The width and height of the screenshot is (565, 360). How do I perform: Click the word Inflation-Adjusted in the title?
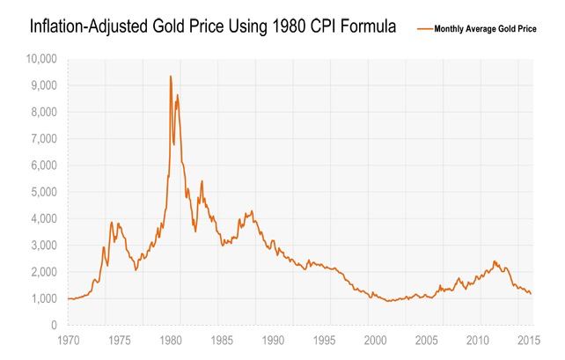coord(75,28)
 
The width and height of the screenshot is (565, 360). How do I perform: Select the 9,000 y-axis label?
coord(43,85)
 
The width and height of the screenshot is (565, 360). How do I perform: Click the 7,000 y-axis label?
coord(43,139)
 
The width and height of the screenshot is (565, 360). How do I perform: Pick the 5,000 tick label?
coord(43,192)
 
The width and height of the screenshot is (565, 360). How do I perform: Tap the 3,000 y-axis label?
coord(43,246)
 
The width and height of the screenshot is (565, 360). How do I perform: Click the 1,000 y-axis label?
coord(43,298)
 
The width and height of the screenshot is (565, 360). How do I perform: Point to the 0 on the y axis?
coord(53,326)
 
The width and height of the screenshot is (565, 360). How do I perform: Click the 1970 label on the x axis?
coord(69,340)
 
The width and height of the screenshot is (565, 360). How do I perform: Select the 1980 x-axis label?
coord(172,340)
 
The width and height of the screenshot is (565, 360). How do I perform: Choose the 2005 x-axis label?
coord(428,340)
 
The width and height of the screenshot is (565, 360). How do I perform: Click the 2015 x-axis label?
coord(530,340)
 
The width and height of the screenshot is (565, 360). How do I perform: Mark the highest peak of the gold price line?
coord(170,77)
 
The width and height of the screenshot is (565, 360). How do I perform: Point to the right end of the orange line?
coord(531,294)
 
